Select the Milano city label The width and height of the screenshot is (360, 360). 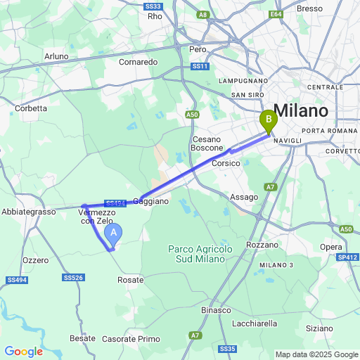pos(300,111)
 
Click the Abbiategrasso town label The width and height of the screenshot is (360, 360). pos(28,212)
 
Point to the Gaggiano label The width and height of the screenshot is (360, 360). pos(151,201)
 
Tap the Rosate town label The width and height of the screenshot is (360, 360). pos(130,280)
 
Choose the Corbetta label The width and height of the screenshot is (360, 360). pos(31,108)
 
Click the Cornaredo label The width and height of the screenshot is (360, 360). pos(138,62)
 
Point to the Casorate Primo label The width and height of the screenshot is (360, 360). pos(131,339)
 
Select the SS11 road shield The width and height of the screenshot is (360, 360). pos(201,66)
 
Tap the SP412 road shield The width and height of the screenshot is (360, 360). pos(347,257)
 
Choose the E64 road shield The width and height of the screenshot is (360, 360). pos(276,13)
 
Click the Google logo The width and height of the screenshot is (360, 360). pos(23,352)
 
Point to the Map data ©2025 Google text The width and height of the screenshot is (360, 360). pos(316,354)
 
